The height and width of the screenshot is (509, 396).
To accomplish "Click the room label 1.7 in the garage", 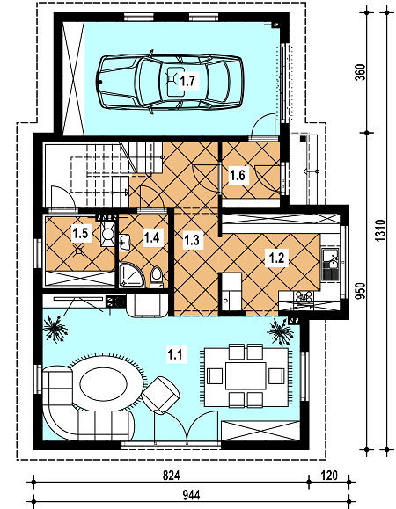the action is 188,81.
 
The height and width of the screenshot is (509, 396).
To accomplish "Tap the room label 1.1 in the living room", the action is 175,354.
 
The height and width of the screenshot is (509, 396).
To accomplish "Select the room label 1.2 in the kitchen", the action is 277,258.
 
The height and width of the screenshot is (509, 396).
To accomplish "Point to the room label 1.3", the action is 192,240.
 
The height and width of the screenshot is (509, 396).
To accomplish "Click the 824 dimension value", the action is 172,476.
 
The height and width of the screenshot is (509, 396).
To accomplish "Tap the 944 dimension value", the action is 191,495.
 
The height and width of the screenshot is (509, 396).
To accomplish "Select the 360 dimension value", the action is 361,72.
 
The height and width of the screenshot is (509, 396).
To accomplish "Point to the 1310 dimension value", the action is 380,231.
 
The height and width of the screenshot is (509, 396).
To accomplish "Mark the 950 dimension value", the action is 361,291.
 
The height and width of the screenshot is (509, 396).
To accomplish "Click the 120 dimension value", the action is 329,476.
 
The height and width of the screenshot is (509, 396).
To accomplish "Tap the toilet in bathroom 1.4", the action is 157,278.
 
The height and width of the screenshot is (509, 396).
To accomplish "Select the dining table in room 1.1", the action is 246,376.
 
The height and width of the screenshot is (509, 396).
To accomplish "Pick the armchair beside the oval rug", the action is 161,396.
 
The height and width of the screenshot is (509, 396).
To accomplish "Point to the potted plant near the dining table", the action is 279,331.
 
